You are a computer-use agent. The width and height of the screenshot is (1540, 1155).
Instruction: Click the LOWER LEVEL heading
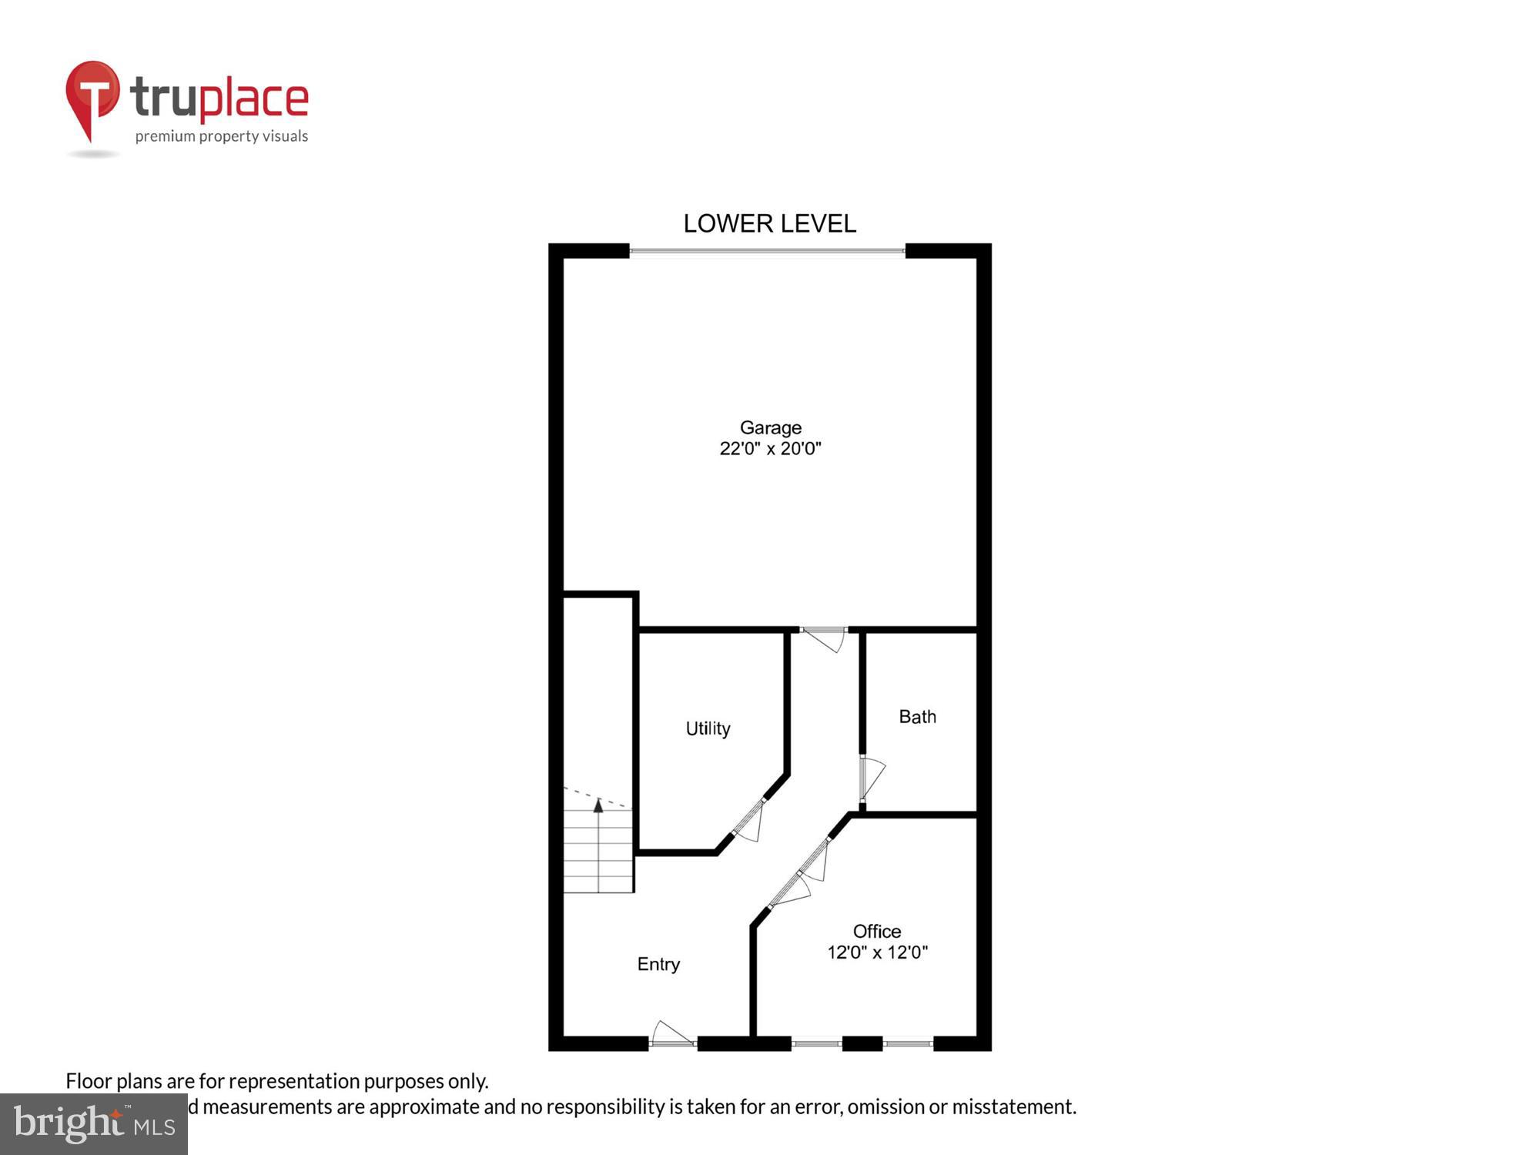[x=769, y=224]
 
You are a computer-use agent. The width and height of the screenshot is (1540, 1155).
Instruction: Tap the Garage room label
[x=770, y=427]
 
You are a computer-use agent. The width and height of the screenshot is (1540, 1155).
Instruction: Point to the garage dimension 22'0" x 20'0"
[x=770, y=449]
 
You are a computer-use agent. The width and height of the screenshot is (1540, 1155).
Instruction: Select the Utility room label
[x=708, y=728]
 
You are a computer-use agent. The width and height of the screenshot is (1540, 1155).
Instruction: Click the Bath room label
[x=917, y=717]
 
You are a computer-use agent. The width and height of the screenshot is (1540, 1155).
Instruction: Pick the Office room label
[x=876, y=932]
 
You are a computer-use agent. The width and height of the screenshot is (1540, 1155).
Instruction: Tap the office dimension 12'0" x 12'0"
[x=877, y=953]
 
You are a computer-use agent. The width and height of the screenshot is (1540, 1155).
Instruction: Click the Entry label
[x=658, y=964]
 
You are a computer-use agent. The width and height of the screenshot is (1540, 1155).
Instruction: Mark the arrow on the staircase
[x=598, y=806]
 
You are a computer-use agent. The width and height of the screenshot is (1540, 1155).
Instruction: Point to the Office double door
[x=801, y=874]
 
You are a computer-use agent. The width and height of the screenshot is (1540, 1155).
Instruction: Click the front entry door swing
[x=672, y=1034]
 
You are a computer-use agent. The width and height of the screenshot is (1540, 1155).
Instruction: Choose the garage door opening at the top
[x=767, y=251]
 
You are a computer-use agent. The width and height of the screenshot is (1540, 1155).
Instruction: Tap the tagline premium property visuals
[x=222, y=137]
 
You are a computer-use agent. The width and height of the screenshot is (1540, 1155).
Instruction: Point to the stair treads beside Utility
[x=598, y=851]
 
